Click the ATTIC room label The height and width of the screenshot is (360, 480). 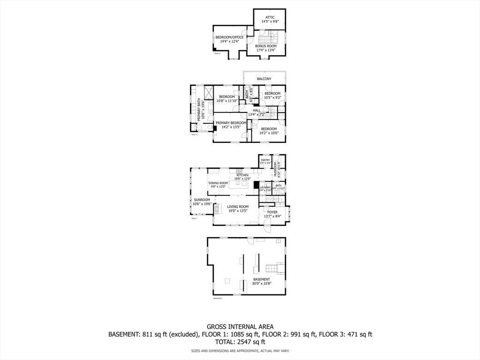pyautogui.click(x=270, y=17)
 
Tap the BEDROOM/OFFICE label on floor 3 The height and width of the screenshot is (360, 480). pyautogui.click(x=229, y=37)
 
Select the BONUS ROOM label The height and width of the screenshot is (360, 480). pyautogui.click(x=266, y=46)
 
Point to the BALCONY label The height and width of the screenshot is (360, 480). pyautogui.click(x=264, y=79)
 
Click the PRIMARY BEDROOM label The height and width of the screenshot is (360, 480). pyautogui.click(x=231, y=123)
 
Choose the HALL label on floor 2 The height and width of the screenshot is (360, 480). pyautogui.click(x=256, y=111)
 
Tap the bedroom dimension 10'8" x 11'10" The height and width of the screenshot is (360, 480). pyautogui.click(x=227, y=101)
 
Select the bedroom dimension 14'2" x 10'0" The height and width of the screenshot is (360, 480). pyautogui.click(x=269, y=133)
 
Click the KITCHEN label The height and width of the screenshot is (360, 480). pyautogui.click(x=242, y=175)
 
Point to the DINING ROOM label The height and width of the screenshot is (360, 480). pyautogui.click(x=218, y=183)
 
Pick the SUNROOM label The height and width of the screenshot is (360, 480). pyautogui.click(x=202, y=200)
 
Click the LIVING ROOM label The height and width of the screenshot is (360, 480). pyautogui.click(x=238, y=207)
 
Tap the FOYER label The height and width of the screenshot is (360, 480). pyautogui.click(x=272, y=212)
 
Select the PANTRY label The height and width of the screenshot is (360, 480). pyautogui.click(x=265, y=160)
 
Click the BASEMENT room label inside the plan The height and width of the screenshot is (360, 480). pyautogui.click(x=262, y=279)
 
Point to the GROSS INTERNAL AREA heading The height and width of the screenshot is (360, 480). pyautogui.click(x=240, y=327)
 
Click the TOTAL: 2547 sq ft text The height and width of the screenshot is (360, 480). pyautogui.click(x=240, y=342)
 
